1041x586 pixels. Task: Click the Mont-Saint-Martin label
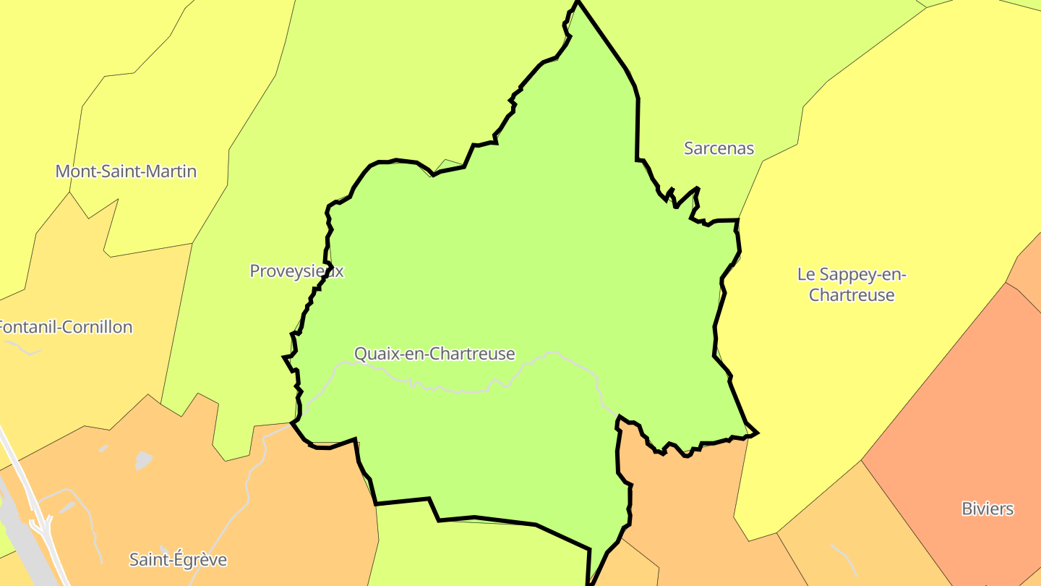coord(126,171)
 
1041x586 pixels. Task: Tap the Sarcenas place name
coord(719,148)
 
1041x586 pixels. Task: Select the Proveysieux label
coord(296,271)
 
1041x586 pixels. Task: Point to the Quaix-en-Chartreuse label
coord(434,354)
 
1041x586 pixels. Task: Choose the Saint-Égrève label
coord(178,559)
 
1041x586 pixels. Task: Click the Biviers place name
coord(988,509)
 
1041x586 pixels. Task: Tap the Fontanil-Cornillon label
coord(65,327)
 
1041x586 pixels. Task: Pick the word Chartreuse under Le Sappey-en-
coord(852,295)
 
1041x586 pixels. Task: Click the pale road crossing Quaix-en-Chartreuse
coord(463,391)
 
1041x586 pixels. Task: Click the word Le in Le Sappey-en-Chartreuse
coord(805,275)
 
